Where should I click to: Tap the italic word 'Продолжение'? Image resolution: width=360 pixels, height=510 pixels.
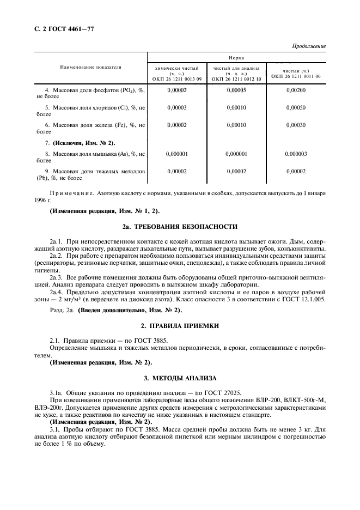pos(309,46)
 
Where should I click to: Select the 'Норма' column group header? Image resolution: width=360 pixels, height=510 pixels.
pos(236,57)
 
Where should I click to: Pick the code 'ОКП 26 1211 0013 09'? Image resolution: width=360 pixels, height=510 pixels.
pos(177,78)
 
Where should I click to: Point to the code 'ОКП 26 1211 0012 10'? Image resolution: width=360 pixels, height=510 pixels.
pos(236,78)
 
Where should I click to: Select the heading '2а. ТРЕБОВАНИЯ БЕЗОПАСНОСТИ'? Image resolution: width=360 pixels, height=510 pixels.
pos(180,226)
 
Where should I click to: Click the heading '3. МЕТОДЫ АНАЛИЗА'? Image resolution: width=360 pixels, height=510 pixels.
pos(180,378)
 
